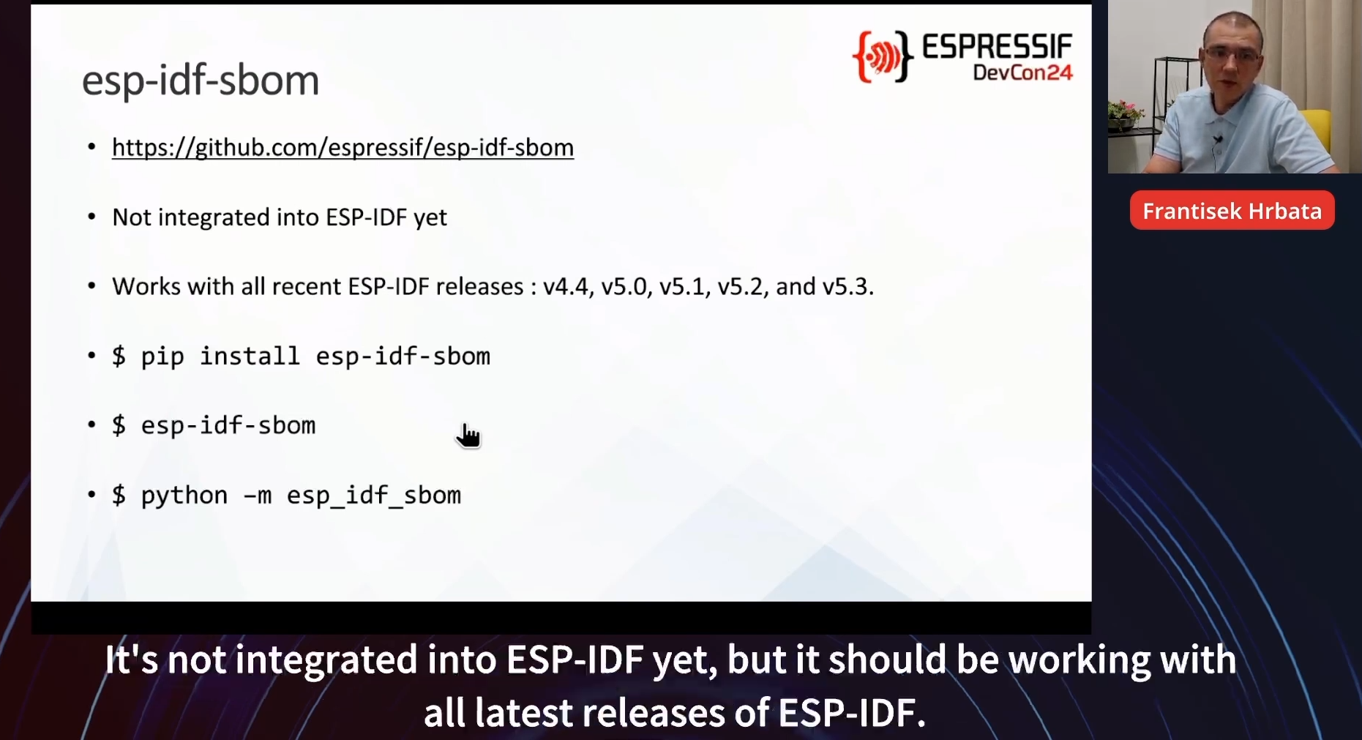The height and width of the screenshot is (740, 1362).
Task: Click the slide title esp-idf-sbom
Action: click(201, 81)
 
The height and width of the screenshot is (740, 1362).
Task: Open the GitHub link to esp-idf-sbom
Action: click(343, 148)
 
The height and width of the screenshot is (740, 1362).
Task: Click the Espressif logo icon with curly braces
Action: click(883, 56)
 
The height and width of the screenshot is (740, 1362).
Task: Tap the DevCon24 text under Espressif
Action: click(1022, 72)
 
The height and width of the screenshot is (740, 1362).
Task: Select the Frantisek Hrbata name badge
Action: click(1232, 211)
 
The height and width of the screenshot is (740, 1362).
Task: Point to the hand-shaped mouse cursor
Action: click(468, 435)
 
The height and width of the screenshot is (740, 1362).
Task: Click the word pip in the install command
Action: click(162, 357)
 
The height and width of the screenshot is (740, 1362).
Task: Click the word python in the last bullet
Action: click(184, 496)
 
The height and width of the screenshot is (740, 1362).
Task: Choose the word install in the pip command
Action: click(250, 356)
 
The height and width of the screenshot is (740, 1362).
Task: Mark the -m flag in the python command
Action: click(257, 496)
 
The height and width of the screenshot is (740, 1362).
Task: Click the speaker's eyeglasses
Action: click(1232, 54)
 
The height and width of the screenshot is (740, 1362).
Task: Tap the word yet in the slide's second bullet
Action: click(430, 218)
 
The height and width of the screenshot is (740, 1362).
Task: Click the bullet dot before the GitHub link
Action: click(91, 147)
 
